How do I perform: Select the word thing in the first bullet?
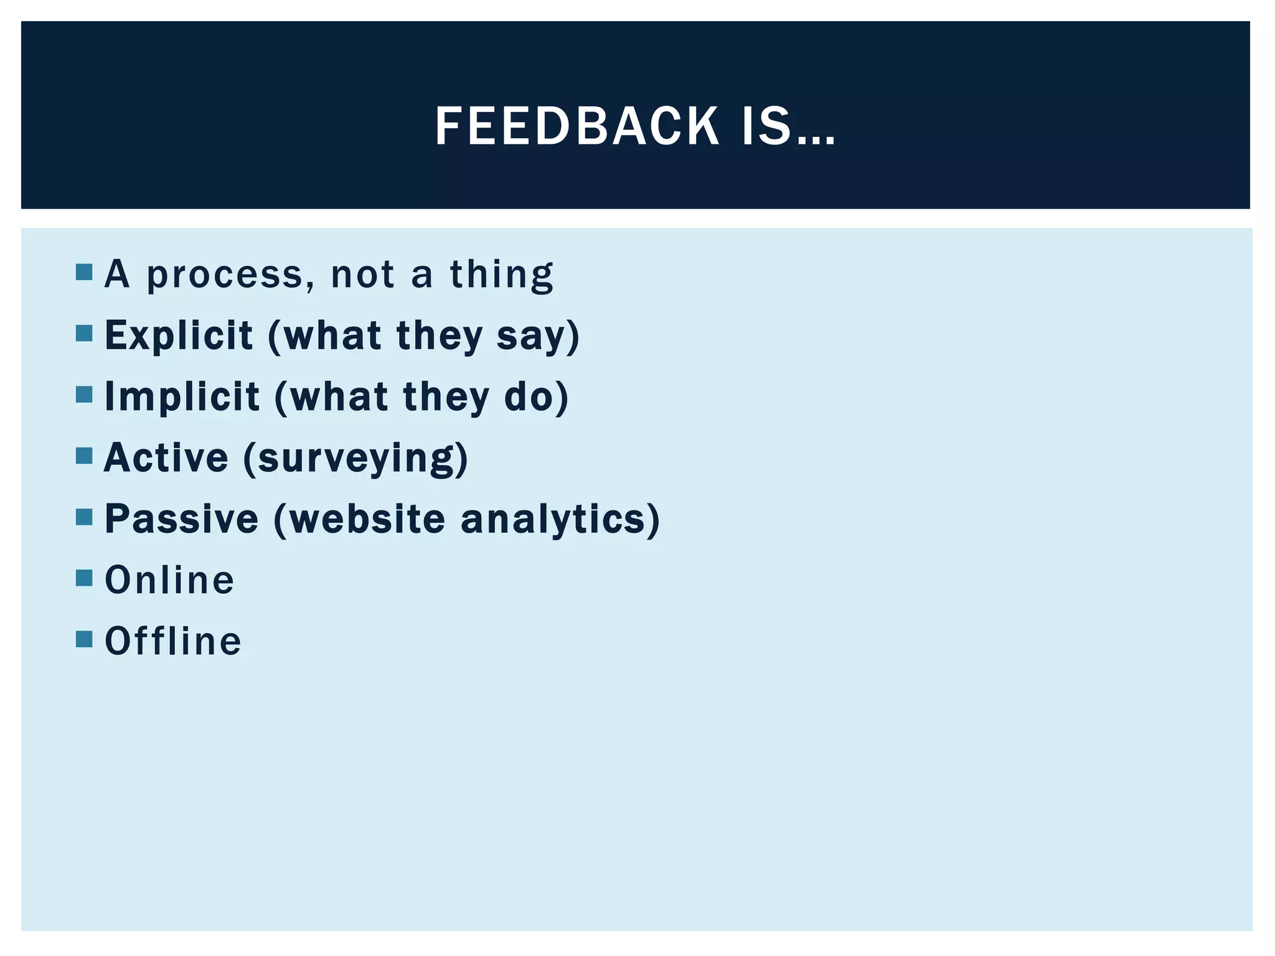point(501,274)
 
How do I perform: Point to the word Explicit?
point(179,335)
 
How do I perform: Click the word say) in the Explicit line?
point(538,336)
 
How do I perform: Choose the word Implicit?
point(182,396)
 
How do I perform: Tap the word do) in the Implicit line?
point(536,396)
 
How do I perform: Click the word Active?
point(166,457)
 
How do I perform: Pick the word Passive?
point(181,518)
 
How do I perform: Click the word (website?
point(359,518)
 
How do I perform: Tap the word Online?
point(169,580)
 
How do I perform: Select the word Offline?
point(173,641)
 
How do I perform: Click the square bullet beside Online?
point(84,578)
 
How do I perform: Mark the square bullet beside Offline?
point(84,639)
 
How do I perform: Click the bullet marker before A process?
point(84,272)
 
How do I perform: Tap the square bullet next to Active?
point(84,456)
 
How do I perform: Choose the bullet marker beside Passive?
point(84,517)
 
